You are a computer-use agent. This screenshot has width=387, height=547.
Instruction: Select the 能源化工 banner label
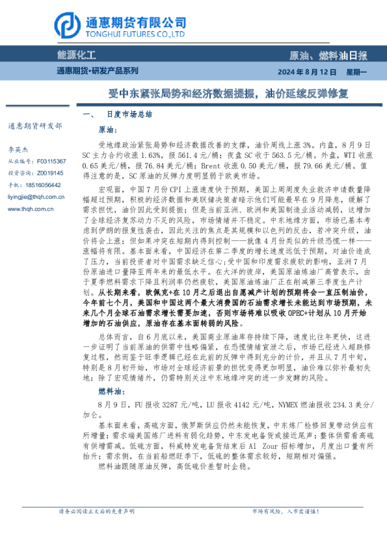point(76,57)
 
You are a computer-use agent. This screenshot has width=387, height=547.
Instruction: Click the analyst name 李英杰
point(18,149)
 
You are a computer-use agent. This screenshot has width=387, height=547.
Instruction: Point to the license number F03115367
point(51,160)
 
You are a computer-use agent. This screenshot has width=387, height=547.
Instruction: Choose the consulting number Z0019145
point(50,173)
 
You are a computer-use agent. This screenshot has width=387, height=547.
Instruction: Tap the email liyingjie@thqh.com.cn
point(36,196)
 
